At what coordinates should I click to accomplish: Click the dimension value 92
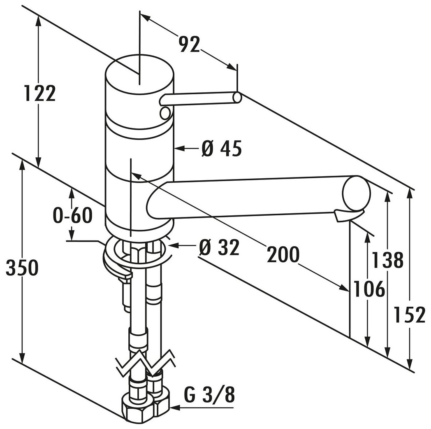point(189,44)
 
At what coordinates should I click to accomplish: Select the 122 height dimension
point(39,93)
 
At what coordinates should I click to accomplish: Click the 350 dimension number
point(22,268)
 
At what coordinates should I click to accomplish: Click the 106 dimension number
point(367,289)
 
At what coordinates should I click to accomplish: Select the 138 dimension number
point(387,260)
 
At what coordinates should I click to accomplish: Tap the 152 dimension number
point(410,315)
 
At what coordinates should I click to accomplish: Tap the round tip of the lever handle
point(236,97)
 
